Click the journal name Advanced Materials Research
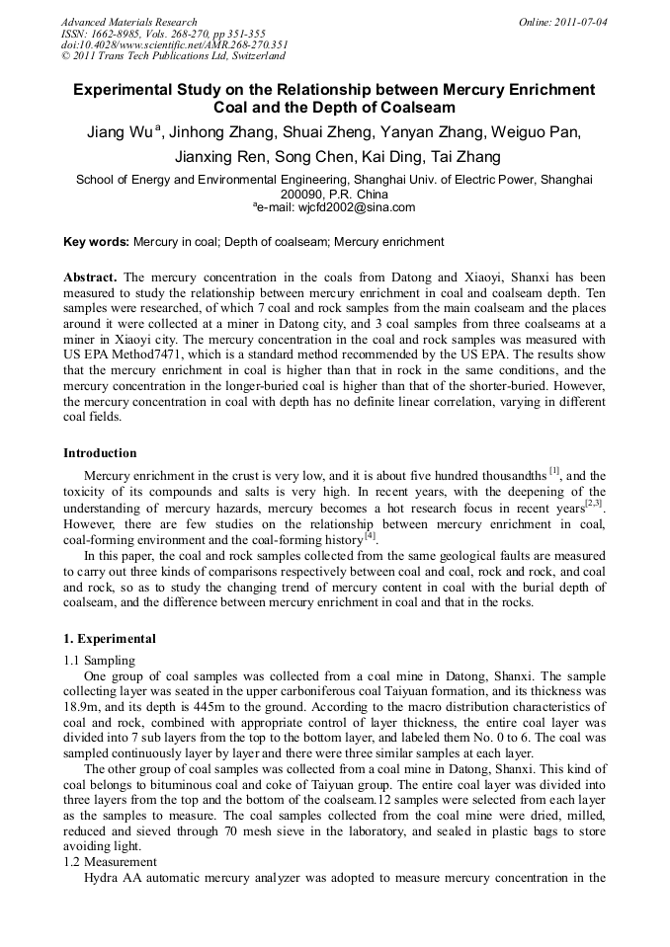pyautogui.click(x=128, y=22)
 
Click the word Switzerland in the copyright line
pyautogui.click(x=247, y=56)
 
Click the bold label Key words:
pyautogui.click(x=96, y=242)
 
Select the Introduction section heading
pyautogui.click(x=100, y=453)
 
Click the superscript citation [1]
pyautogui.click(x=554, y=471)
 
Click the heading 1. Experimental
pyautogui.click(x=110, y=639)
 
